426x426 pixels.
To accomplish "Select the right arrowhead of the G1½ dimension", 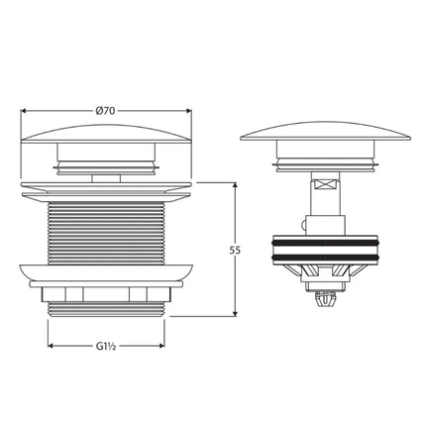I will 163,348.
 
